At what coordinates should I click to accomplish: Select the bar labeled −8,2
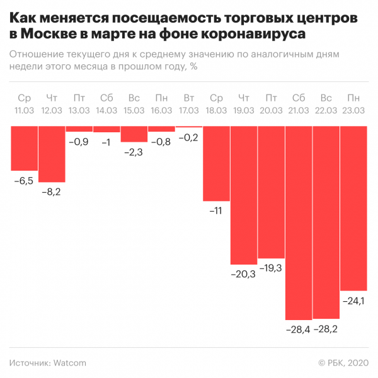(52, 154)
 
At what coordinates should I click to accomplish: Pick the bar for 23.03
(353, 208)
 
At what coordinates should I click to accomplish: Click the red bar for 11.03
(24, 148)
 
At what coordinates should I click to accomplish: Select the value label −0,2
(188, 137)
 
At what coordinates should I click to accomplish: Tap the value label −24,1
(353, 301)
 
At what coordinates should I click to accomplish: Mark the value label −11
(215, 210)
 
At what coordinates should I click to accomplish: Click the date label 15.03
(134, 110)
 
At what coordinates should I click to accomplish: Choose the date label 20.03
(271, 110)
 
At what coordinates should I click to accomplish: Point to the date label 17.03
(188, 110)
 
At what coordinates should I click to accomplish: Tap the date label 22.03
(326, 110)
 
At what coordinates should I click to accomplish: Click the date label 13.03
(79, 110)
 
